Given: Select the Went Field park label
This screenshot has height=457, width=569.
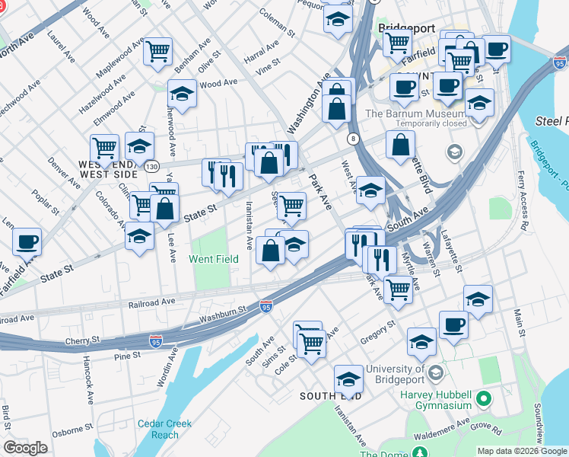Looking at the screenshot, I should [214, 260].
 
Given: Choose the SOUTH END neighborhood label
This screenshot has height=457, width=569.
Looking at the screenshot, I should [331, 396].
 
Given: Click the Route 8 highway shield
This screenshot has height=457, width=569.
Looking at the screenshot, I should [354, 139].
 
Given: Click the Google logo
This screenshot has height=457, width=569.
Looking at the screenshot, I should [26, 448].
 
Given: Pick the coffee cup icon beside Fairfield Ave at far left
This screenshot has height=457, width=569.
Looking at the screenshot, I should [27, 241].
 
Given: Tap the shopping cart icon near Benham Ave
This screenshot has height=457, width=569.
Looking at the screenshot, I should [158, 52].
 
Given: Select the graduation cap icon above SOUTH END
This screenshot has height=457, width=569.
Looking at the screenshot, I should [348, 378].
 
